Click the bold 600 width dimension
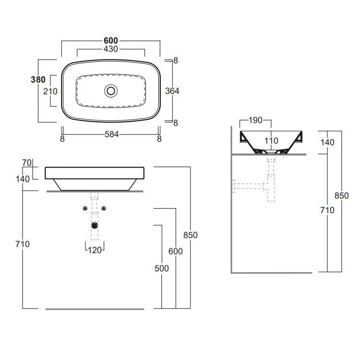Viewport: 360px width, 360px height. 111,41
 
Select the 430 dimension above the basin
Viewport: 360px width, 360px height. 111,49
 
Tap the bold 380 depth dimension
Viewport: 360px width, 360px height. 38,80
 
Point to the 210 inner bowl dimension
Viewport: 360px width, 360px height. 50,91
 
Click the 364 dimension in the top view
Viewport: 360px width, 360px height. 172,91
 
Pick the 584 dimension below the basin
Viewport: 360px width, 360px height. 111,134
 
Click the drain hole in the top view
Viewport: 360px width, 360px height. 111,91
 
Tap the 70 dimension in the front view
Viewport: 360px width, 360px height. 27,163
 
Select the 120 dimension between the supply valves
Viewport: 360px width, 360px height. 95,250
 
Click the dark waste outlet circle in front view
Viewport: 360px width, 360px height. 95,226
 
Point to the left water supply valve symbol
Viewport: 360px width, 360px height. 85,208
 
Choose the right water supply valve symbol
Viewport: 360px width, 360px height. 104,208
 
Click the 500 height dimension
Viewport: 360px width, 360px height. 162,268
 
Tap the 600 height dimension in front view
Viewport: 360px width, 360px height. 176,252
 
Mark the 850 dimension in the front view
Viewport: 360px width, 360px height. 191,235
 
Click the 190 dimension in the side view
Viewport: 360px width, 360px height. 255,120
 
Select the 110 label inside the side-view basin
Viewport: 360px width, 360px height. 271,141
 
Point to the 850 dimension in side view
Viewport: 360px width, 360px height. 342,196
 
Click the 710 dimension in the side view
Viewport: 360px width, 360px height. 327,210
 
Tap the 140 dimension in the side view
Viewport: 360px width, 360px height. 327,143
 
